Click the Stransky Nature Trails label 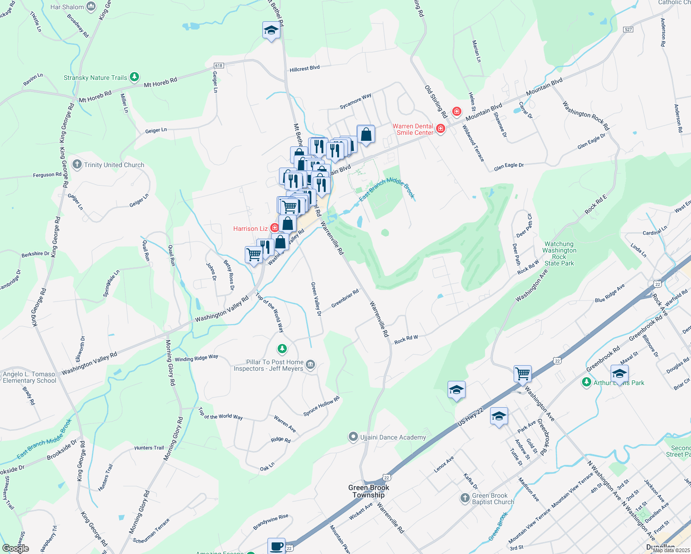[95, 78]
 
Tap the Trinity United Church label [114, 165]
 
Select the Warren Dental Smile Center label [413, 129]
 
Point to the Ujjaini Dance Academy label [393, 437]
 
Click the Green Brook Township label [369, 491]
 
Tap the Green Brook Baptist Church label [493, 499]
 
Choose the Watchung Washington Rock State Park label [559, 253]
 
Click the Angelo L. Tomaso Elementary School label [29, 377]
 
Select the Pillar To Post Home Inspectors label [268, 365]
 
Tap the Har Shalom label [67, 7]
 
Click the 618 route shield [219, 66]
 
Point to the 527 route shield [628, 30]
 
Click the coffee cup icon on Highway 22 [277, 546]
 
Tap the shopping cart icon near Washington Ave [522, 373]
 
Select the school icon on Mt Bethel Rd [271, 30]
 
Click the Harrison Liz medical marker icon [274, 228]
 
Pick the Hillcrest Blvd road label [305, 69]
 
